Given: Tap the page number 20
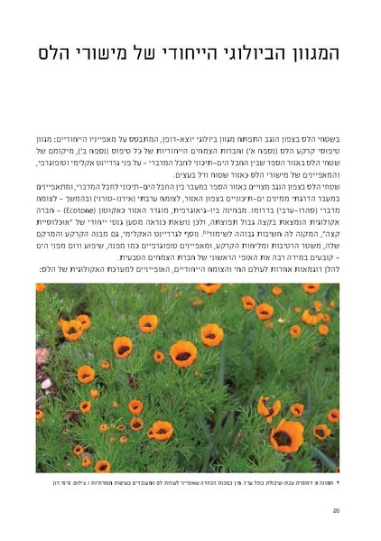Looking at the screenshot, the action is pos(336,511).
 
